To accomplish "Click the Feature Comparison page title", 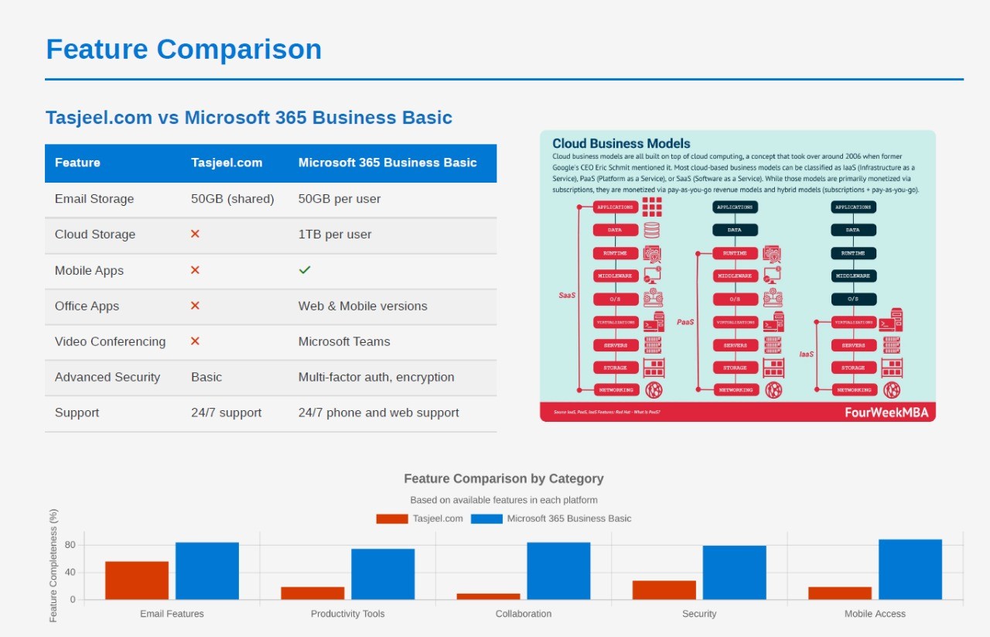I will (183, 50).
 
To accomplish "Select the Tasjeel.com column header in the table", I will (227, 163).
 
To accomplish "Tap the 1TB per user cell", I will (335, 235).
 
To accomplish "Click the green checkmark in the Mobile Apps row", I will (305, 270).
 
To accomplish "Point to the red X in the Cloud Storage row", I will (195, 234).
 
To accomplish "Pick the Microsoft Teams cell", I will (344, 341).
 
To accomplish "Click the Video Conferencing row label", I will (110, 341).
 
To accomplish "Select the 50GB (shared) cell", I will (233, 199).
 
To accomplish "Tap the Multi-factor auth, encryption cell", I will (376, 377).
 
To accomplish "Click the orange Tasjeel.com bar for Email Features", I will (137, 580).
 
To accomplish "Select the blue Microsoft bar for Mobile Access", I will (910, 569).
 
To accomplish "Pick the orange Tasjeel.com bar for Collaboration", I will (488, 596).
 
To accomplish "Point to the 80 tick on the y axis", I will (70, 545).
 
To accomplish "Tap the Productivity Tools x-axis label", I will (347, 614).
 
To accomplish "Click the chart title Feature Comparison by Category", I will (504, 478).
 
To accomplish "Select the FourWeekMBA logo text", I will (886, 413).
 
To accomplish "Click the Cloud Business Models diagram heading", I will (621, 143).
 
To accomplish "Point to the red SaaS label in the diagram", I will (567, 295).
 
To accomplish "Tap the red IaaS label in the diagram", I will (807, 354).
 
